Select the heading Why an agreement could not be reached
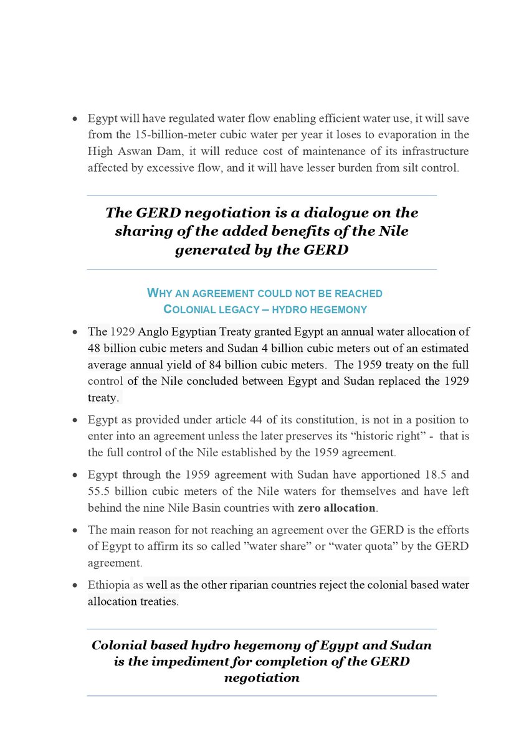[264, 293]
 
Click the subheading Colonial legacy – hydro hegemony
[264, 309]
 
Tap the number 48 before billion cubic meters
[95, 347]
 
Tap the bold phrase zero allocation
[336, 507]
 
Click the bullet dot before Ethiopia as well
[75, 586]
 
